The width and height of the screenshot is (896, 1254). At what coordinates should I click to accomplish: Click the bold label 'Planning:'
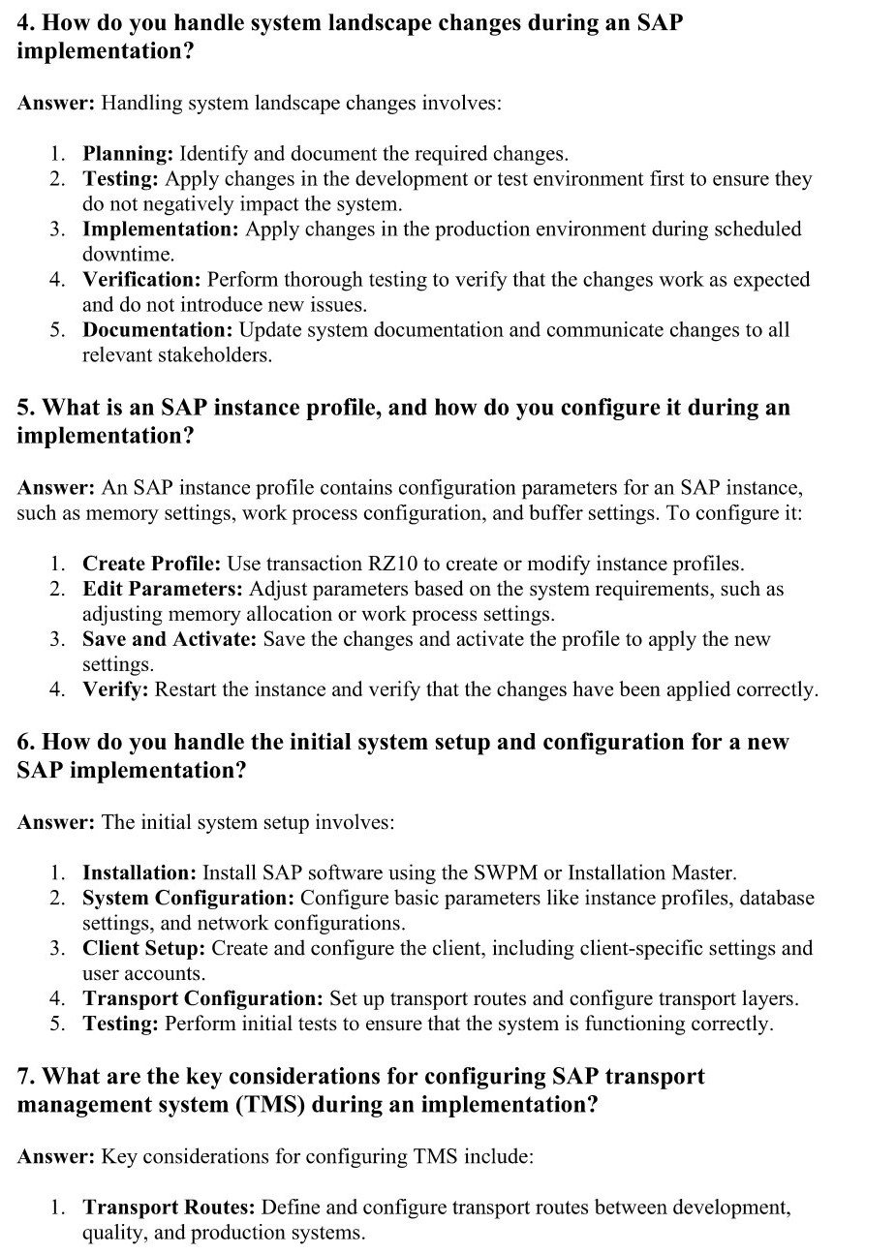[x=128, y=154]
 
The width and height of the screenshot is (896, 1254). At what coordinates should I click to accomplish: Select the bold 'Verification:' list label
[x=141, y=280]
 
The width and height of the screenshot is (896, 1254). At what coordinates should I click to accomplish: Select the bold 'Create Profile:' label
[x=151, y=564]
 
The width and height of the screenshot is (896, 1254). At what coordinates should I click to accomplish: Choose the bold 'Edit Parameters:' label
[x=163, y=589]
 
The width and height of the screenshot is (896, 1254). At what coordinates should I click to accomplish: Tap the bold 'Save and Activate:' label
[x=170, y=639]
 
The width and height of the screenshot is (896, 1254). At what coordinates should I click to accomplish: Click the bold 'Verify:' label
[x=115, y=689]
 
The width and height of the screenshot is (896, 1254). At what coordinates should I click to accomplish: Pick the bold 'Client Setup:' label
[x=143, y=948]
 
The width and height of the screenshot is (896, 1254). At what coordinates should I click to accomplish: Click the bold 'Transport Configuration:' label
[x=202, y=998]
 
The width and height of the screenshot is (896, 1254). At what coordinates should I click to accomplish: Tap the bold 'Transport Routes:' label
[x=169, y=1208]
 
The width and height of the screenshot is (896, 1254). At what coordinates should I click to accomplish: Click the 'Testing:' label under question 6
[x=120, y=1024]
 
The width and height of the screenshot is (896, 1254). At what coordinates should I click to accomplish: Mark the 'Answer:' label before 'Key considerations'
[x=55, y=1156]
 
